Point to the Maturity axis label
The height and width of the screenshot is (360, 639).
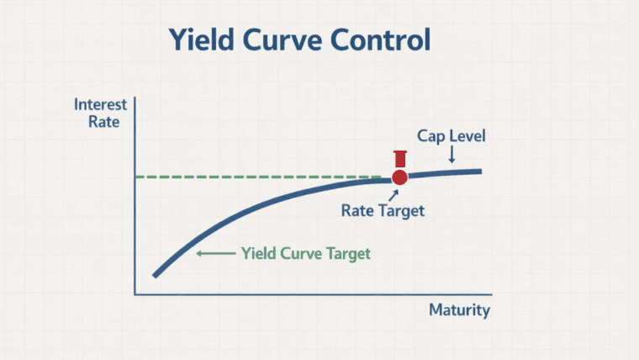[459, 310]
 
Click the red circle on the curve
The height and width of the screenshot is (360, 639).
[399, 177]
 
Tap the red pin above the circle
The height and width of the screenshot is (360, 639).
[399, 159]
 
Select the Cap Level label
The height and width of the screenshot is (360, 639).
[452, 135]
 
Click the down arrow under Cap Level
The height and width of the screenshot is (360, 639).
[452, 154]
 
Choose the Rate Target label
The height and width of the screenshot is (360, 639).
[383, 211]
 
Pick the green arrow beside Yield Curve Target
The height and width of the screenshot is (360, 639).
[214, 252]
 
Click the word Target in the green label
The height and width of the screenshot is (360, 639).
[346, 252]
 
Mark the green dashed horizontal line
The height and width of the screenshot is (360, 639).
[252, 177]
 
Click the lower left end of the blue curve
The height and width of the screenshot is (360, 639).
[155, 274]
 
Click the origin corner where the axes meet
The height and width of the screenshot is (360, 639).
[135, 294]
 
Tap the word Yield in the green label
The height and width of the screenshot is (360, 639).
[259, 252]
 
